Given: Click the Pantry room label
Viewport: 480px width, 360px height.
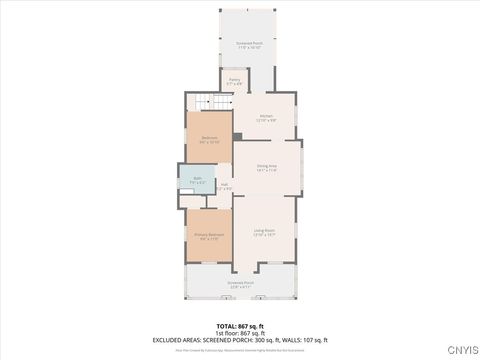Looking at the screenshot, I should tap(234, 81).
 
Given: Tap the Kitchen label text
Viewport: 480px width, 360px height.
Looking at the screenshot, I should tap(266, 118).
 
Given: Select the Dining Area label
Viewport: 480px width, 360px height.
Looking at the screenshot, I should tap(266, 168).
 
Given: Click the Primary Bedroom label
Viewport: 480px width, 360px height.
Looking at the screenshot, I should tap(209, 236).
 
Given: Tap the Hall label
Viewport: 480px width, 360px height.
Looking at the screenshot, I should tap(225, 186).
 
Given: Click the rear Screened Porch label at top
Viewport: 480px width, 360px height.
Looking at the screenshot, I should tap(248, 45).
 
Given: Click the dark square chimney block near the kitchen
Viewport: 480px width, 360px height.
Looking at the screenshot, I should tap(237, 136).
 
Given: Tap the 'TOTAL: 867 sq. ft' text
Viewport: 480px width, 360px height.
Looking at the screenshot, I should tap(240, 326).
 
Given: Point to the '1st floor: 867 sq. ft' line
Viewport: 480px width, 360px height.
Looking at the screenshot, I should tap(240, 333).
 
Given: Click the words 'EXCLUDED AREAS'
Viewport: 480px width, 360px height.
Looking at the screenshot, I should tap(176, 340).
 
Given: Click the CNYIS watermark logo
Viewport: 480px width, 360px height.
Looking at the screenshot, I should tap(461, 350).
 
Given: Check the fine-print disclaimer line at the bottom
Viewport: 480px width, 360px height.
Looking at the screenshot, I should tap(240, 350).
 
